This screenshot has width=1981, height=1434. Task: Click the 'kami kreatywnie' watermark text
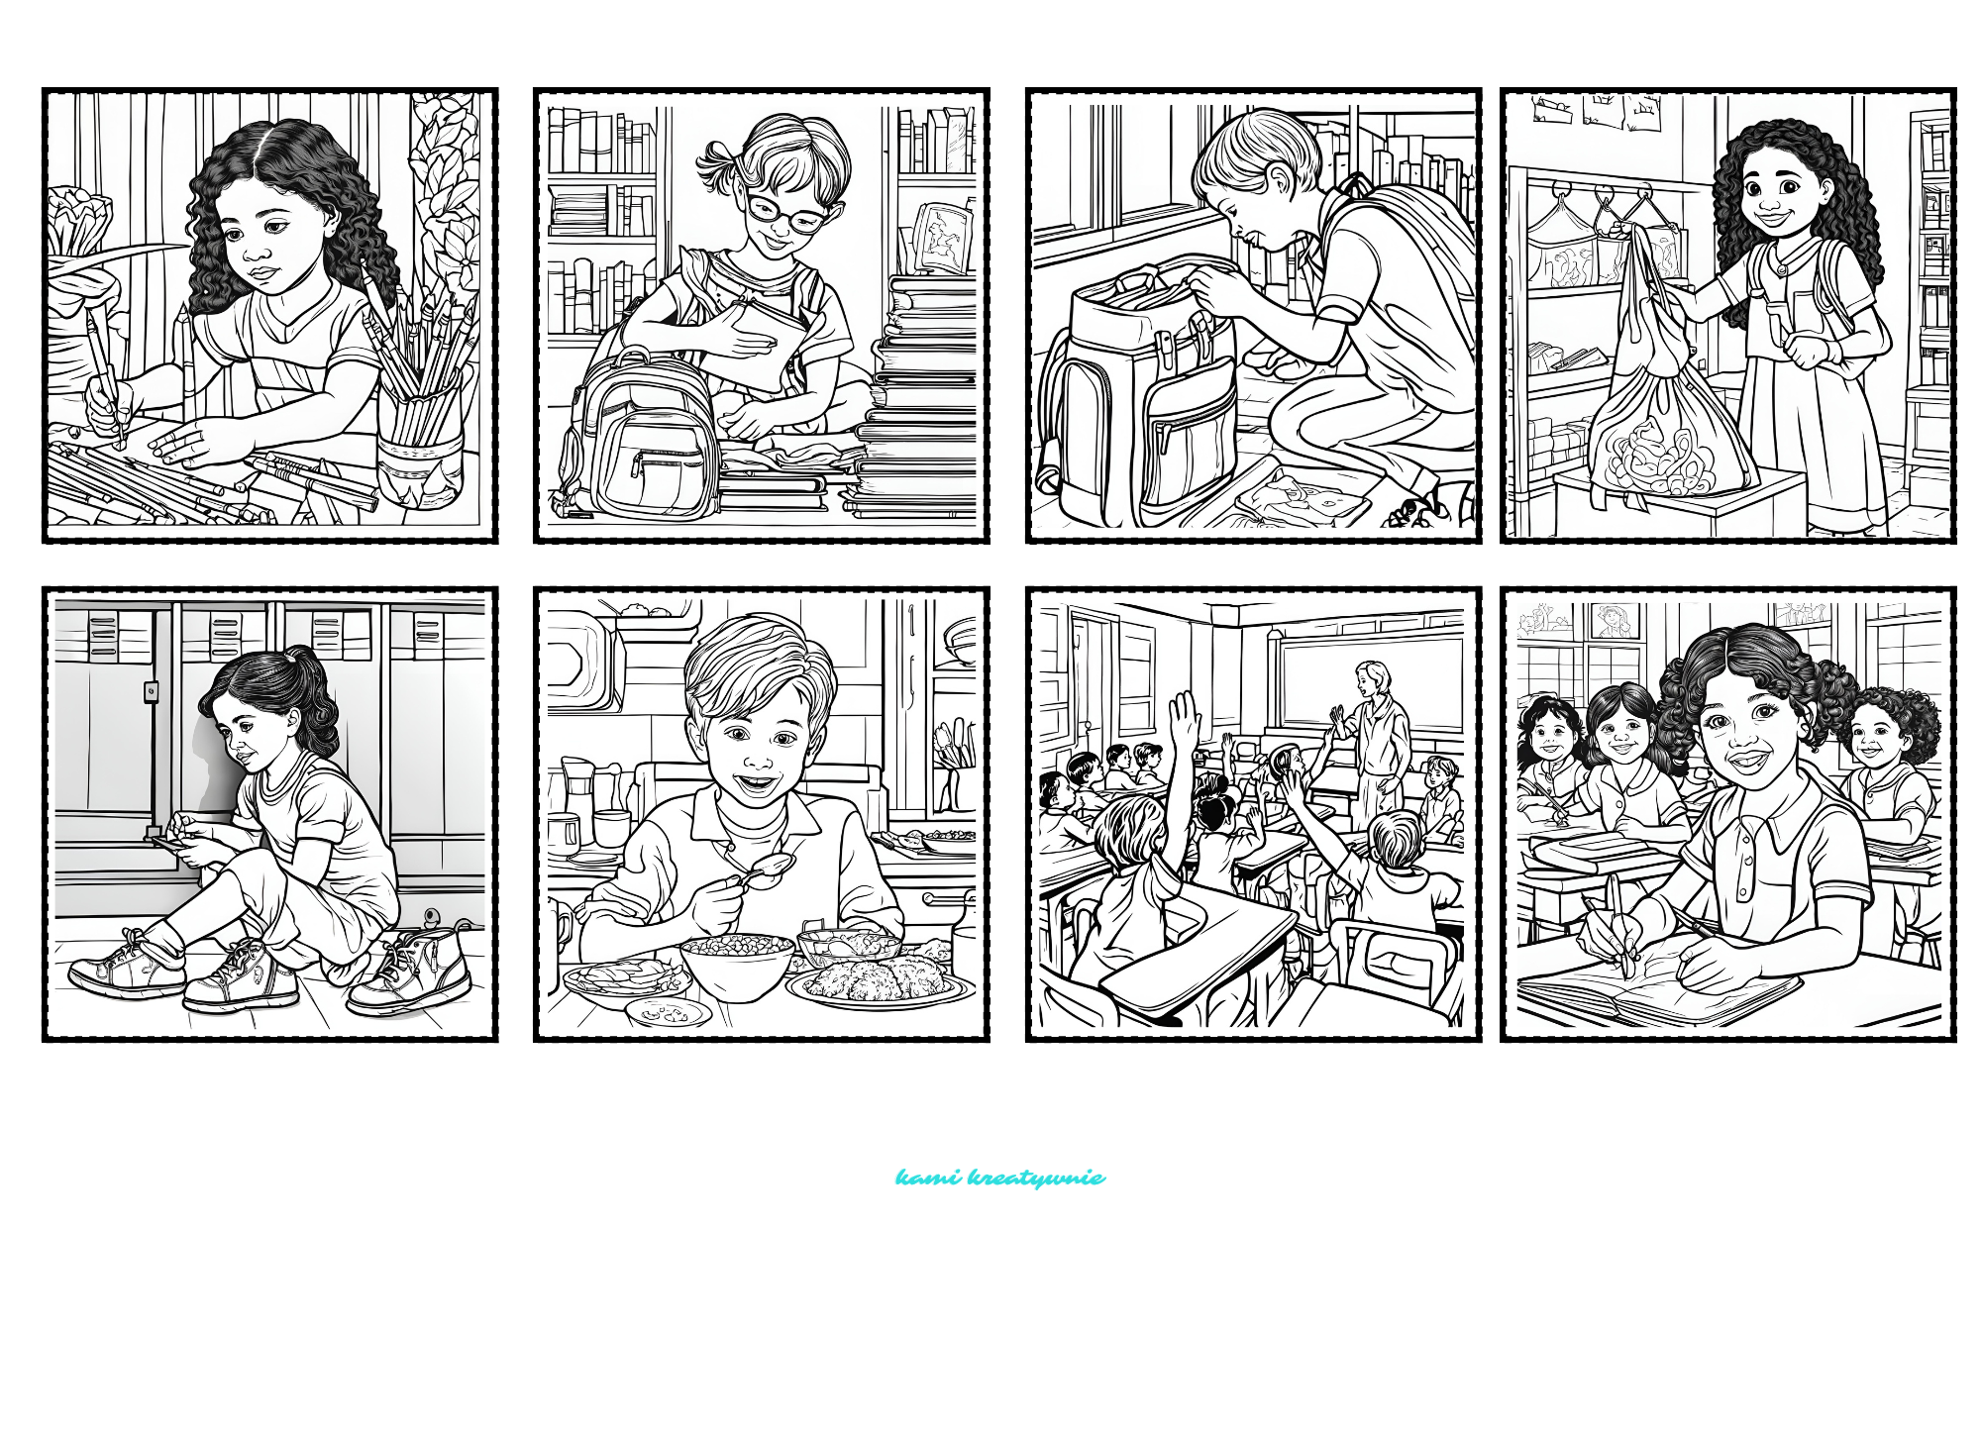1000,1178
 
